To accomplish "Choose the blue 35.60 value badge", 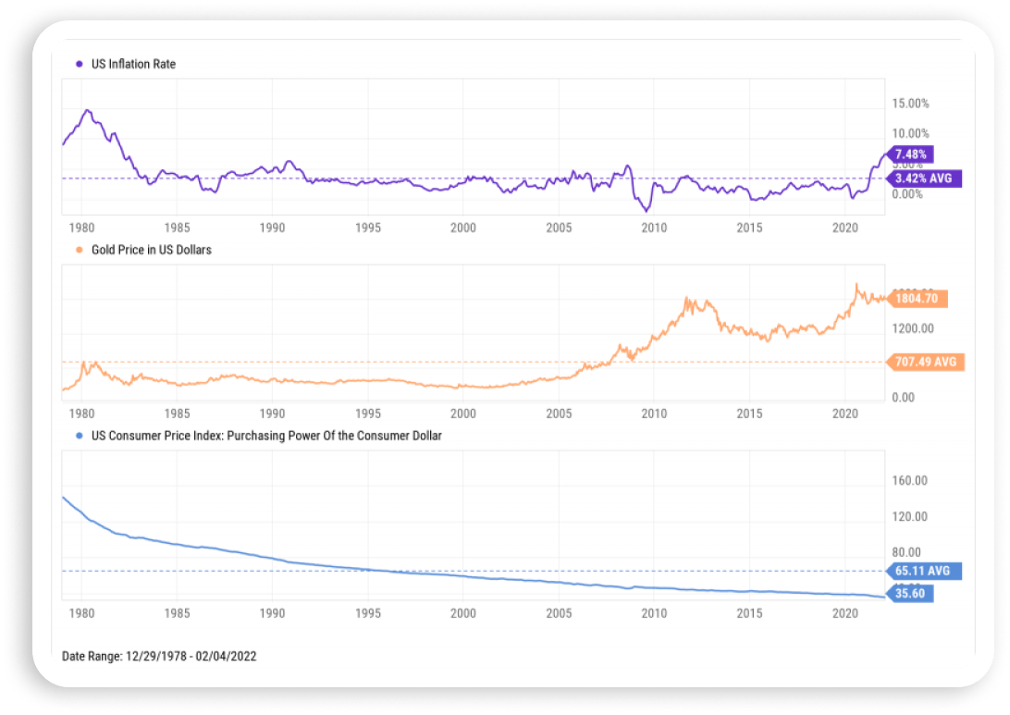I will (910, 594).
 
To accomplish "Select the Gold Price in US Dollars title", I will (151, 250).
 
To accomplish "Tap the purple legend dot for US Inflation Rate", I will (79, 65).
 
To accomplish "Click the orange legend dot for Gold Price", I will (79, 250).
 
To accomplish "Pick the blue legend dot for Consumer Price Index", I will (79, 436).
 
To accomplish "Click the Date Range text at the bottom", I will (158, 656).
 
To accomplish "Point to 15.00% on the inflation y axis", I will (910, 104).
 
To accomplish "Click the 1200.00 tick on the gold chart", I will (913, 328).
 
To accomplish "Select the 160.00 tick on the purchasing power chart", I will (910, 481).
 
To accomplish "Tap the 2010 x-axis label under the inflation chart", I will (654, 228).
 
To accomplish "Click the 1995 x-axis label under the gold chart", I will (367, 413).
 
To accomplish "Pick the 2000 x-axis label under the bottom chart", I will (462, 613).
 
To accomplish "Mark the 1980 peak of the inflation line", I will (87, 110).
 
